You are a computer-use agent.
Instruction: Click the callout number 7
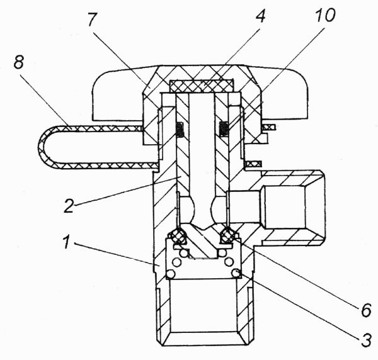coord(92,19)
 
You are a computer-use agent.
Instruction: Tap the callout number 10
coord(324,15)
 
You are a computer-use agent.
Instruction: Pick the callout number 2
coord(69,205)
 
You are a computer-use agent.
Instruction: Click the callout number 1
coord(66,242)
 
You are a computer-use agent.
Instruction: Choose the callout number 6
coord(366,310)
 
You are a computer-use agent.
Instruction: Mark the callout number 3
coord(366,340)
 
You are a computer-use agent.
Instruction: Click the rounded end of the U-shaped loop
coord(42,147)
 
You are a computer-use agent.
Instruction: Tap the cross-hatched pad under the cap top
coord(202,86)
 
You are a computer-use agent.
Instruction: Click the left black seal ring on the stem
coord(179,130)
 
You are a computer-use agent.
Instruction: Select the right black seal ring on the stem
coord(224,129)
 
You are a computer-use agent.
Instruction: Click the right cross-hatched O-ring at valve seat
coord(227,235)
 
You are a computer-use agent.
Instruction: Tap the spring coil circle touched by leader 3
coord(236,273)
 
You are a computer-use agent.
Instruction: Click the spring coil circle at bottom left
coord(171,274)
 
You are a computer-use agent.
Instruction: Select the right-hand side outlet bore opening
coord(294,207)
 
